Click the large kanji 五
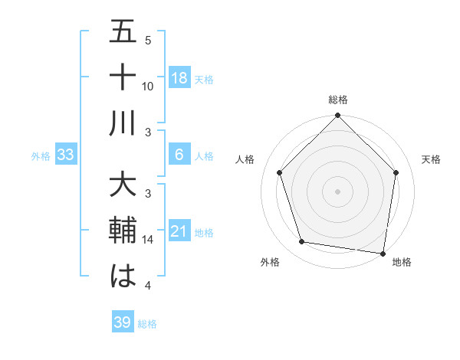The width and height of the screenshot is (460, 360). click(x=123, y=34)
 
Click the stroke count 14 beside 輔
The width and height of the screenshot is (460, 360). click(x=148, y=240)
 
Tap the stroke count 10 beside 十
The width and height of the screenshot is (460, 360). click(x=148, y=87)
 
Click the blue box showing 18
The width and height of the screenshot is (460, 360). click(x=179, y=78)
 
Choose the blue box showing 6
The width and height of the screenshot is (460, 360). click(x=179, y=155)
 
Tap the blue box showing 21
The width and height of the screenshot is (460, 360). click(x=179, y=231)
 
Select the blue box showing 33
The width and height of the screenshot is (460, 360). click(x=66, y=155)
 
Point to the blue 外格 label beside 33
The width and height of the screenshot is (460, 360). click(x=41, y=156)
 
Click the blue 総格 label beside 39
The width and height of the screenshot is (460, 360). click(x=147, y=324)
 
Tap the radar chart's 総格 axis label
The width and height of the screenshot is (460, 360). click(x=337, y=100)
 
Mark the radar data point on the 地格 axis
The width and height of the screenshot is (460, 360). click(x=383, y=252)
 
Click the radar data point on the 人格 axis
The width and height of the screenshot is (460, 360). click(x=279, y=172)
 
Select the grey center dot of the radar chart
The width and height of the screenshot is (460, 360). click(x=337, y=191)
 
